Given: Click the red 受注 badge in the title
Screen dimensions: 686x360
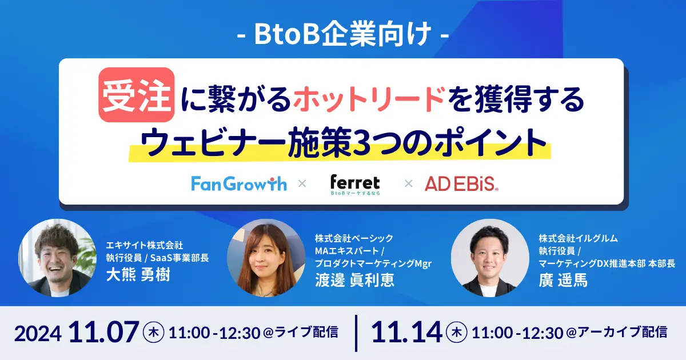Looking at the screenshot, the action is click(x=137, y=95).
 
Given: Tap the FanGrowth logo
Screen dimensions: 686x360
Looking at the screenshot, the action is click(x=239, y=183).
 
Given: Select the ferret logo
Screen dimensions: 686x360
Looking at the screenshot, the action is click(x=355, y=185).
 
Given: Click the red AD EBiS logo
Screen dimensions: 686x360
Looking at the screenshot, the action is click(x=461, y=183).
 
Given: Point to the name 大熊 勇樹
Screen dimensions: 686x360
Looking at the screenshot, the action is click(x=138, y=274).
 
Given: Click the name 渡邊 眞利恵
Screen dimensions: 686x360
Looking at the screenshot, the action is click(x=354, y=280).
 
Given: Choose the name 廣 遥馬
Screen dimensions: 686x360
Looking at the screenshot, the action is click(x=563, y=280).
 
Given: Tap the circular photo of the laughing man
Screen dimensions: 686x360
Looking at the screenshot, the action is click(x=58, y=258).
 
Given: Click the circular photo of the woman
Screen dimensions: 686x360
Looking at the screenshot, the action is click(x=266, y=258).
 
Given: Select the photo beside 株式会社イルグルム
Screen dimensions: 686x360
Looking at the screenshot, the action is click(x=490, y=258).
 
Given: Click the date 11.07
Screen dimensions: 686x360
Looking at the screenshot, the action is click(x=103, y=332).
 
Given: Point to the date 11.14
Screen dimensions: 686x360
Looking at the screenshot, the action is click(x=406, y=332).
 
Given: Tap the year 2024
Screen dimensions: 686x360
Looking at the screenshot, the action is click(x=38, y=334).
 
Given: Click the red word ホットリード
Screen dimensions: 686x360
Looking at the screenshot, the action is click(x=370, y=99).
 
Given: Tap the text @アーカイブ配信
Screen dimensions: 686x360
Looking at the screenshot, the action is click(x=617, y=333).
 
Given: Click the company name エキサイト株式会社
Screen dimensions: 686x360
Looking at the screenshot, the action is click(x=144, y=245).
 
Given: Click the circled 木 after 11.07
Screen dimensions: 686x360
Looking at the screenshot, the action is click(x=153, y=332).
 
